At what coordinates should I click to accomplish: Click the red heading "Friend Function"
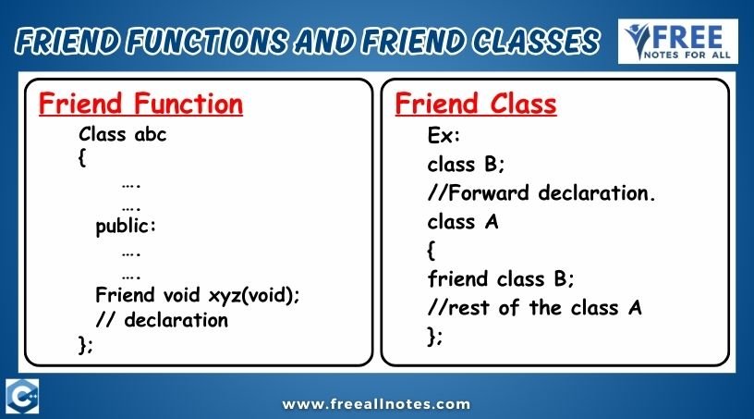(x=140, y=104)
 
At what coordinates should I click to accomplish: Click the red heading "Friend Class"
(x=476, y=104)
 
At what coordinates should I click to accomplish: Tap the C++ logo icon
(x=22, y=397)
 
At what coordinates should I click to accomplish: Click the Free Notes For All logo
(x=678, y=42)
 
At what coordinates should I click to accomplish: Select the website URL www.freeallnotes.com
(x=376, y=404)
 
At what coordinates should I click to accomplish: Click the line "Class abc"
(x=123, y=134)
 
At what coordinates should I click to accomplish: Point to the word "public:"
(x=126, y=227)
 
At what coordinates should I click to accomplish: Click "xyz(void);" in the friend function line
(x=254, y=295)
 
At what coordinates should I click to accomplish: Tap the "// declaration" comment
(x=162, y=320)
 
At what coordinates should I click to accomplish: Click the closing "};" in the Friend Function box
(x=85, y=345)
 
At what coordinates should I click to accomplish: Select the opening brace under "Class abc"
(x=82, y=157)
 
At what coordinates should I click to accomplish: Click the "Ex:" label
(x=444, y=136)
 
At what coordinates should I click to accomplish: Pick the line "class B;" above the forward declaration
(x=466, y=165)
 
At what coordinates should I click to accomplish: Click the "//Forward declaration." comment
(x=541, y=193)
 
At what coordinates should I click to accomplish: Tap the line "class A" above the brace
(x=463, y=222)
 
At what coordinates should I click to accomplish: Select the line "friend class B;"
(x=501, y=278)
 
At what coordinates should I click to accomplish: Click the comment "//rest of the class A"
(x=534, y=307)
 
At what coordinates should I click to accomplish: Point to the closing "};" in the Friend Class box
(x=434, y=336)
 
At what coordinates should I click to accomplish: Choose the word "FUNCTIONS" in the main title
(x=208, y=41)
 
